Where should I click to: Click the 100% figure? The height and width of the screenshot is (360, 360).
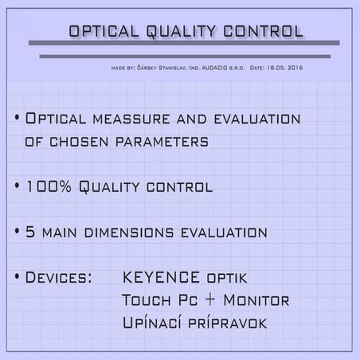coord(49,187)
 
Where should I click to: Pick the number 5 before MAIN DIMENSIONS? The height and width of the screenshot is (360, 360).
coord(32,233)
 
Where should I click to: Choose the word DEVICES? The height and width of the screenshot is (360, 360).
coord(58,278)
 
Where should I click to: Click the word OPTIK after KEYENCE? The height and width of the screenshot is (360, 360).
coord(226,279)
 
